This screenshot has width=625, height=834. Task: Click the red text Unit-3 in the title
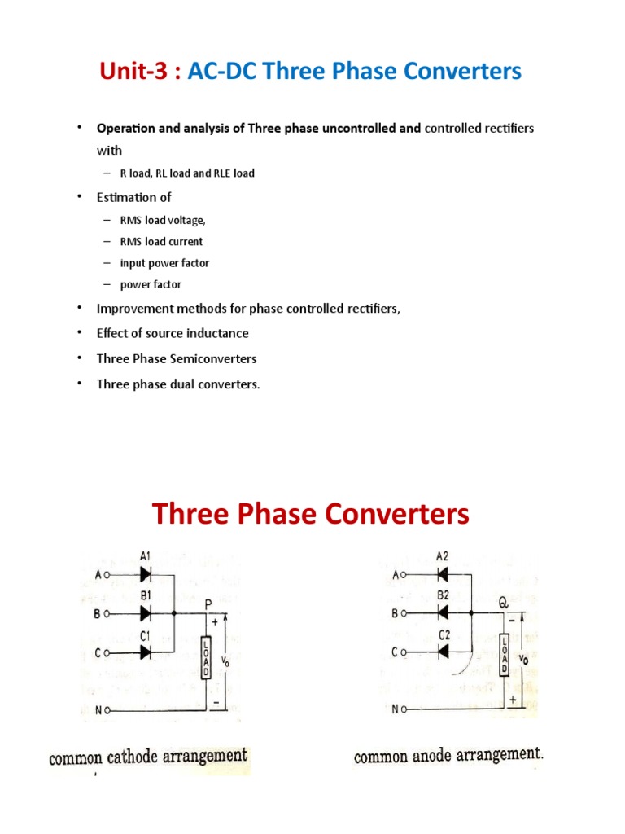[135, 72]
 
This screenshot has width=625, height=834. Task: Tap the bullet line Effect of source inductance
[172, 333]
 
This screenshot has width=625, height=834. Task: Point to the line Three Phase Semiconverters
[177, 358]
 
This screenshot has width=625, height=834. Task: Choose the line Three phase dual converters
[178, 384]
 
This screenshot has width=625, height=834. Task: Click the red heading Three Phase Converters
[311, 515]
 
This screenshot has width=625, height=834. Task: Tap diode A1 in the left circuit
[145, 575]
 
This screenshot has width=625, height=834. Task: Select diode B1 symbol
[145, 613]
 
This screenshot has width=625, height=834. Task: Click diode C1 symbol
[145, 652]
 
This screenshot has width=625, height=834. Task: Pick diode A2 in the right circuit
[444, 575]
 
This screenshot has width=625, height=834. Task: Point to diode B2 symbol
[444, 613]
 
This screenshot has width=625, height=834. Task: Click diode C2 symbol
[444, 652]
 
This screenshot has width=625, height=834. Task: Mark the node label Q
[505, 604]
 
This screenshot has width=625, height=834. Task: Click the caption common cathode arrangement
[148, 757]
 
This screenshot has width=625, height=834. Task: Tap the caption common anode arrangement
[448, 756]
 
